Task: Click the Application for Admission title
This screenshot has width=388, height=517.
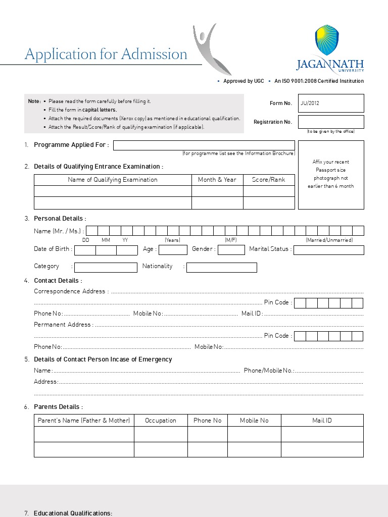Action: pos(106,54)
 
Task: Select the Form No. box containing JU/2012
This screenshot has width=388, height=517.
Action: pos(331,103)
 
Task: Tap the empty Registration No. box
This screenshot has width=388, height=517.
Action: pos(331,122)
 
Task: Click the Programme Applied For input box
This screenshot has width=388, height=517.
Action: pos(204,145)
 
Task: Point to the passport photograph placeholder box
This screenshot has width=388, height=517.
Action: pos(331,175)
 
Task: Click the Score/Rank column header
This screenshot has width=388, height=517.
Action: pos(269,180)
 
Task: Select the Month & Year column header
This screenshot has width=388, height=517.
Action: pos(217,180)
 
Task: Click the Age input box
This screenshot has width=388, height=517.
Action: pos(173,250)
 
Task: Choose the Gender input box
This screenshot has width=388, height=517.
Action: pos(231,250)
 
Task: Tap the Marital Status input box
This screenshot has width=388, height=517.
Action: pos(328,250)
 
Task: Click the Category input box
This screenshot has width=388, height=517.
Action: pos(106,267)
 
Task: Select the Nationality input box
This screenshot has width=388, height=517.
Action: pos(221,267)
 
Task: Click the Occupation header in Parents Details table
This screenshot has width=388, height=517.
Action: pos(161,421)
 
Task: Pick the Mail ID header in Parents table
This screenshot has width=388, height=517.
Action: pos(322,421)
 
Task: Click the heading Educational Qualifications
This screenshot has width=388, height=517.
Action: pos(73,513)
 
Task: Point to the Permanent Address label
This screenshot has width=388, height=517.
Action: pos(63,325)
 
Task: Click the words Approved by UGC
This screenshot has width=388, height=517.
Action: pos(244,81)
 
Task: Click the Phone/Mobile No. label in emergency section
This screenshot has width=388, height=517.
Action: pos(269,371)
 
